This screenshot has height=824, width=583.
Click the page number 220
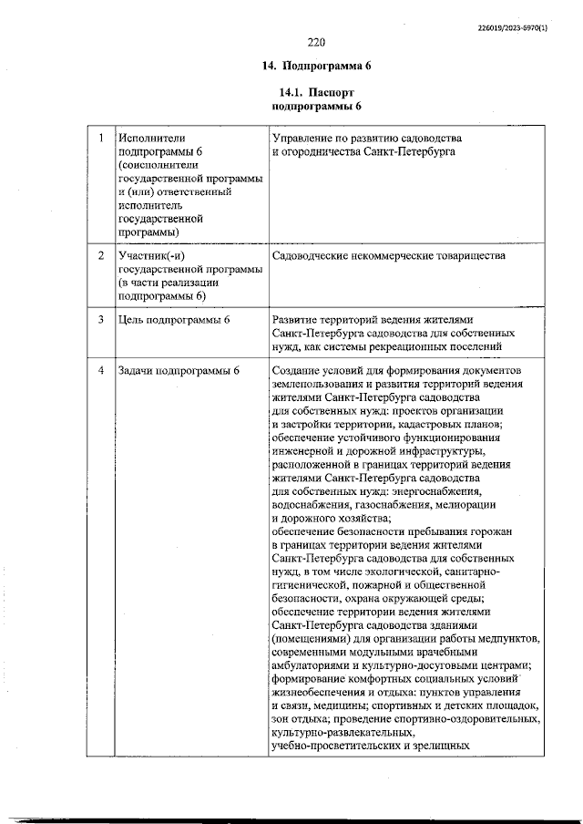click(x=316, y=43)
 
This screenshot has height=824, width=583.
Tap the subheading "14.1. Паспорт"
click(x=316, y=92)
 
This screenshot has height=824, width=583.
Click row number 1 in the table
click(x=100, y=137)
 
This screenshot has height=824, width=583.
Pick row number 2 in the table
click(x=100, y=256)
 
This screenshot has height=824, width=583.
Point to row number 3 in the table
click(x=100, y=320)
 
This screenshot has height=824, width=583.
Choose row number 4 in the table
click(x=100, y=371)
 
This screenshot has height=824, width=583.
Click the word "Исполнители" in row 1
click(x=151, y=137)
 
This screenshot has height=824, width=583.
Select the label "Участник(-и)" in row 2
click(x=151, y=256)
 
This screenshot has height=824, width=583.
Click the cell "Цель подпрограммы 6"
click(x=173, y=320)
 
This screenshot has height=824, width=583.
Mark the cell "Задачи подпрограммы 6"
click(x=179, y=371)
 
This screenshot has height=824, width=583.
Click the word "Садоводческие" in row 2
click(x=314, y=256)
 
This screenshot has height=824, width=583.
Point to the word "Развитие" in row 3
click(x=298, y=320)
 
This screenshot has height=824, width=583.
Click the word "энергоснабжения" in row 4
click(x=424, y=491)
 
